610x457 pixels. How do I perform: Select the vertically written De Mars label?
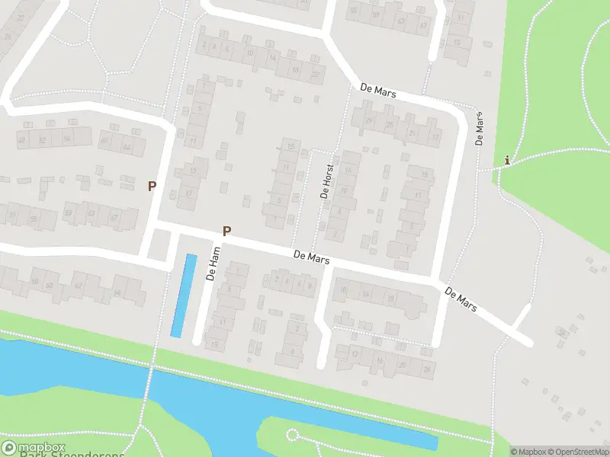click(x=480, y=129)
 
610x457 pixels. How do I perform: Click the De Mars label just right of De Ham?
click(x=312, y=259)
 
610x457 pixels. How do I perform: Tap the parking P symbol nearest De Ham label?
click(x=226, y=230)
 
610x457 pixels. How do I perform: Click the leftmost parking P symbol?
click(x=152, y=185)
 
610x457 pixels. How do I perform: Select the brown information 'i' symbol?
click(x=507, y=160)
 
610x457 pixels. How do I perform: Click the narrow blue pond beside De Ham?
click(x=183, y=296)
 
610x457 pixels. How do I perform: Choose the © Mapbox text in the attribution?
click(x=528, y=452)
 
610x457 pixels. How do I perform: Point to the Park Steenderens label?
click(x=72, y=455)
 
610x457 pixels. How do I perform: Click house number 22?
click(x=315, y=74)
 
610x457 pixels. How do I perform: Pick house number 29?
click(x=369, y=120)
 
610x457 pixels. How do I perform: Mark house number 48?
click(x=21, y=140)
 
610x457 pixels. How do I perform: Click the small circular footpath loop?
click(x=291, y=435)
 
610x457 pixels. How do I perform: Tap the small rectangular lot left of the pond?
click(x=159, y=244)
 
